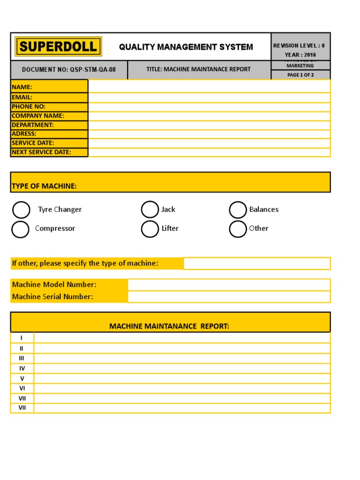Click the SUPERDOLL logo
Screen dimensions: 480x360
click(x=59, y=46)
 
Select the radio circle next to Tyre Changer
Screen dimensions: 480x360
click(x=21, y=210)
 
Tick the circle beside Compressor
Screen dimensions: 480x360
click(x=20, y=229)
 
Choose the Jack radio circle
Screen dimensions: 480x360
click(x=150, y=210)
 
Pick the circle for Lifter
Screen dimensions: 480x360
click(x=150, y=229)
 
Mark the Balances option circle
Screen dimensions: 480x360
click(x=238, y=210)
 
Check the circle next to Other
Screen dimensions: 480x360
click(x=238, y=229)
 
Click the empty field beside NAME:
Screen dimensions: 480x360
click(x=209, y=87)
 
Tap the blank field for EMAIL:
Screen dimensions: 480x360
click(x=209, y=97)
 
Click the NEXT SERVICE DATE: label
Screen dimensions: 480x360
click(x=42, y=152)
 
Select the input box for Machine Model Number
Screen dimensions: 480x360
click(x=229, y=285)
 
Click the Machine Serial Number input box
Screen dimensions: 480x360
click(x=229, y=297)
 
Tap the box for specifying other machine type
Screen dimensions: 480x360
click(x=256, y=263)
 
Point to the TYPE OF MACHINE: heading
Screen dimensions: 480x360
click(x=44, y=186)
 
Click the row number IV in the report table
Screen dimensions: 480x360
click(x=22, y=368)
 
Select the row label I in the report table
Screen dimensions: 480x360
click(x=22, y=337)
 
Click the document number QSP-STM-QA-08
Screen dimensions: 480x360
click(x=68, y=69)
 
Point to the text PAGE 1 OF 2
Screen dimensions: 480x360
click(x=300, y=75)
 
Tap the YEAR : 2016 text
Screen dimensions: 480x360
click(x=300, y=55)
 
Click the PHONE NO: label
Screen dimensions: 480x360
click(x=29, y=106)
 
